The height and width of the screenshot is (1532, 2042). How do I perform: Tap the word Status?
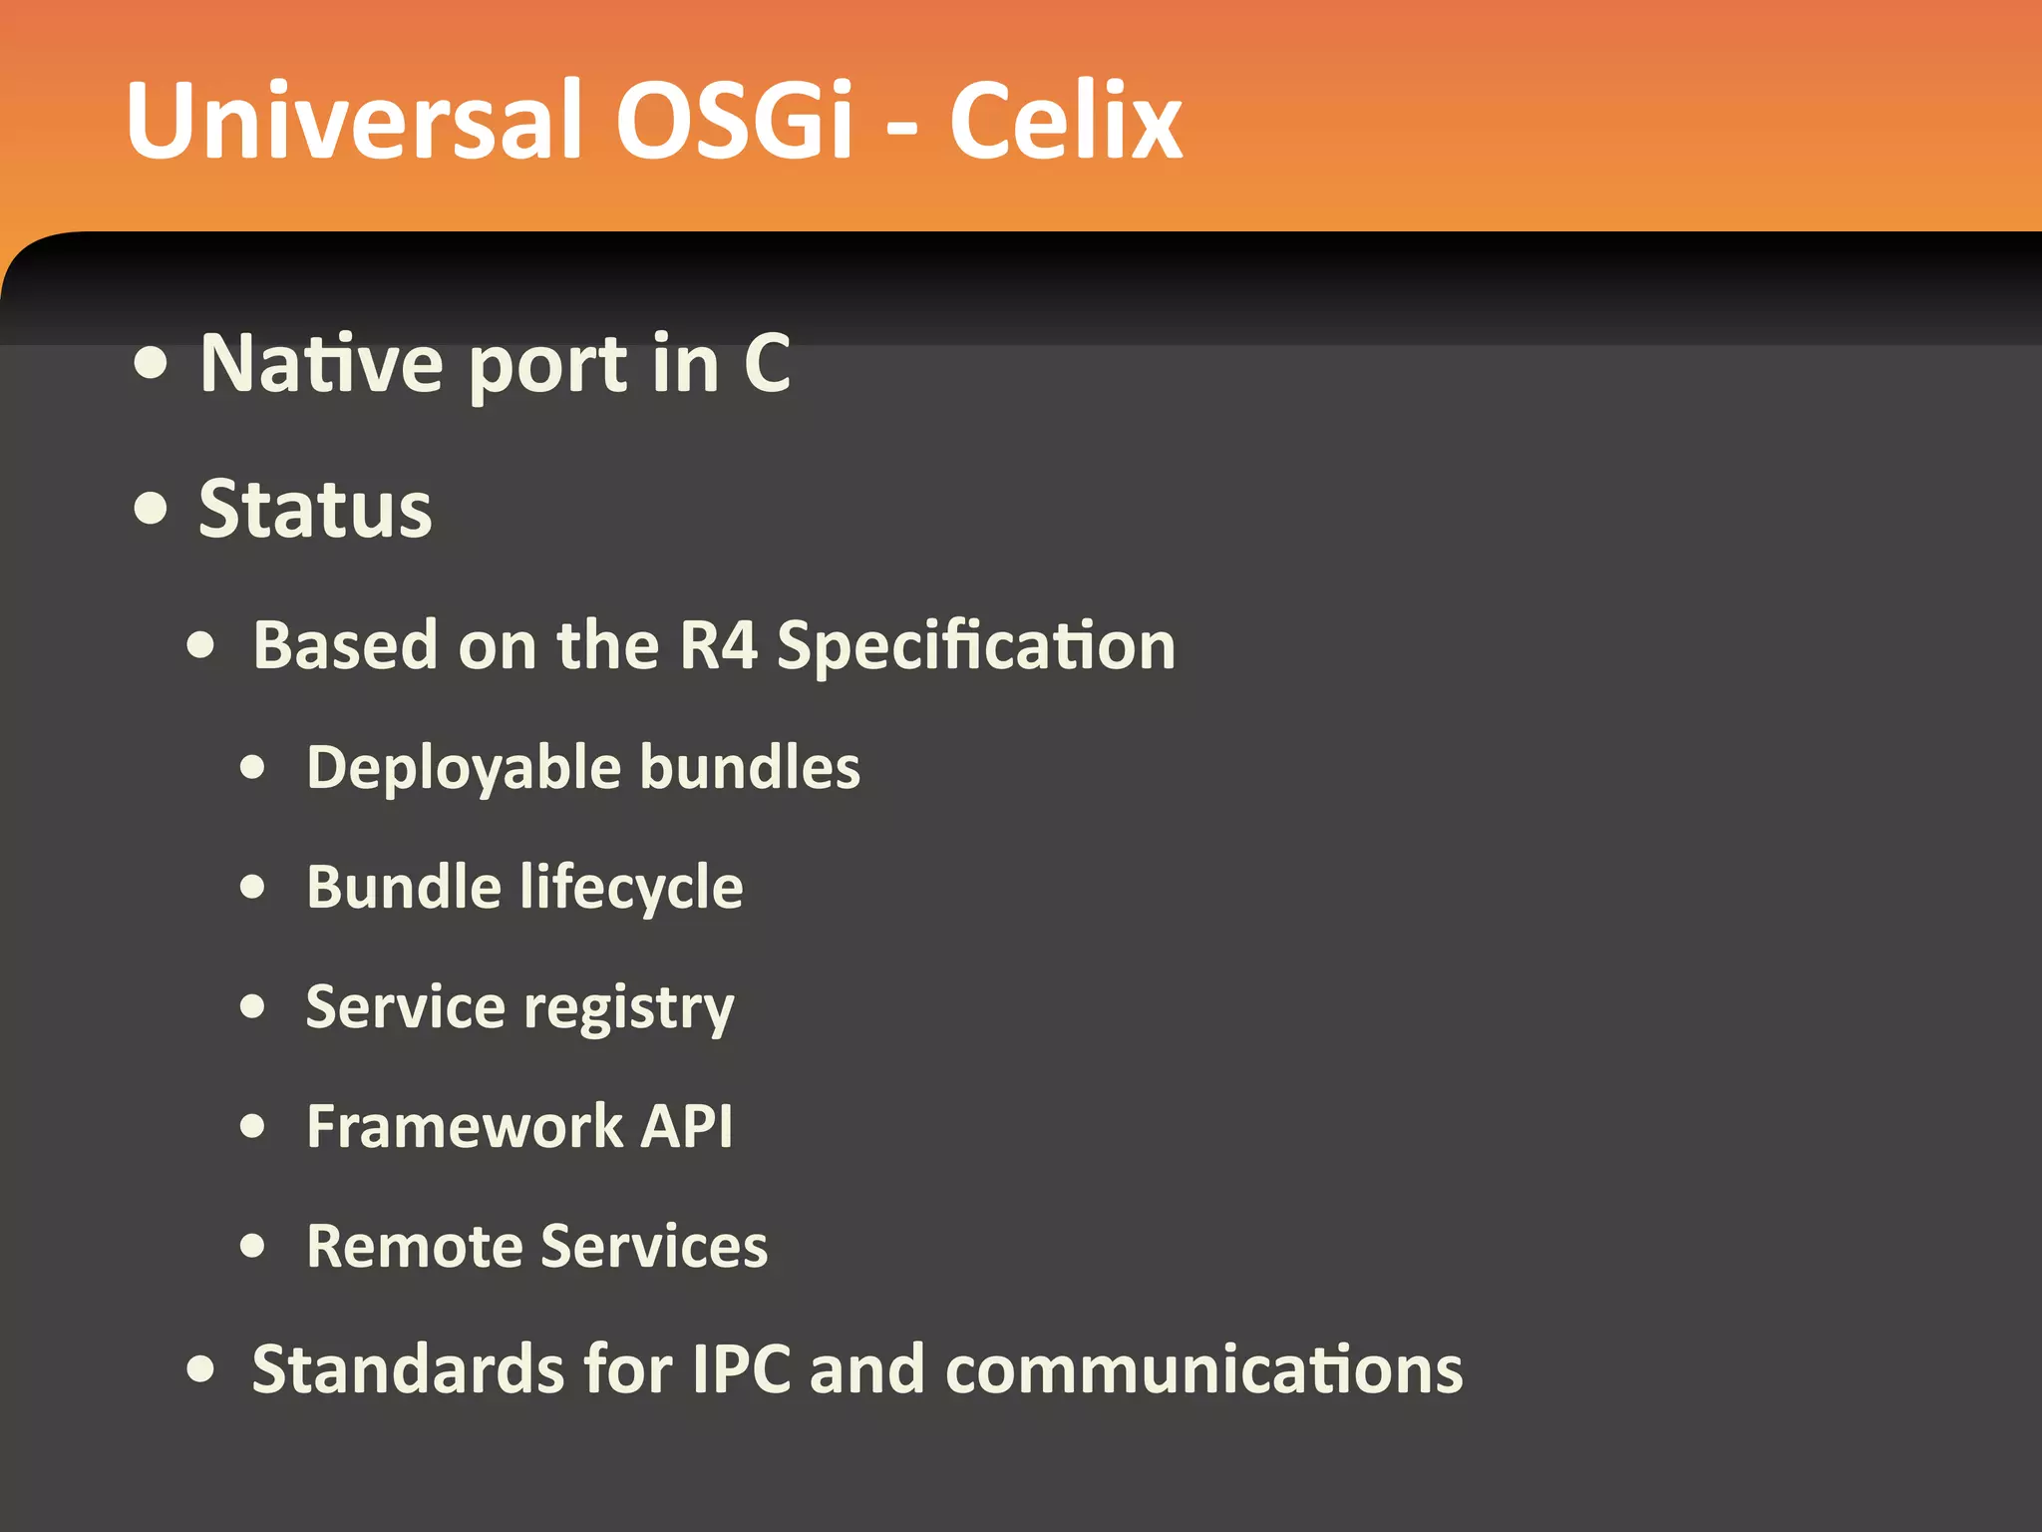(315, 510)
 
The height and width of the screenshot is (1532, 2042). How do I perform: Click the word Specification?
(976, 647)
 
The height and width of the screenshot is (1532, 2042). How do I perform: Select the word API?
(686, 1127)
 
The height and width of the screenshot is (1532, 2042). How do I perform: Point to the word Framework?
(465, 1127)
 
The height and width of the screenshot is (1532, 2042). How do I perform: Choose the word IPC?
(741, 1368)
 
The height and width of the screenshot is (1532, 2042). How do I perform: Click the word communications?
(1203, 1368)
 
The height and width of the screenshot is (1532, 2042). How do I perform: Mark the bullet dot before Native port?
(151, 364)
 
